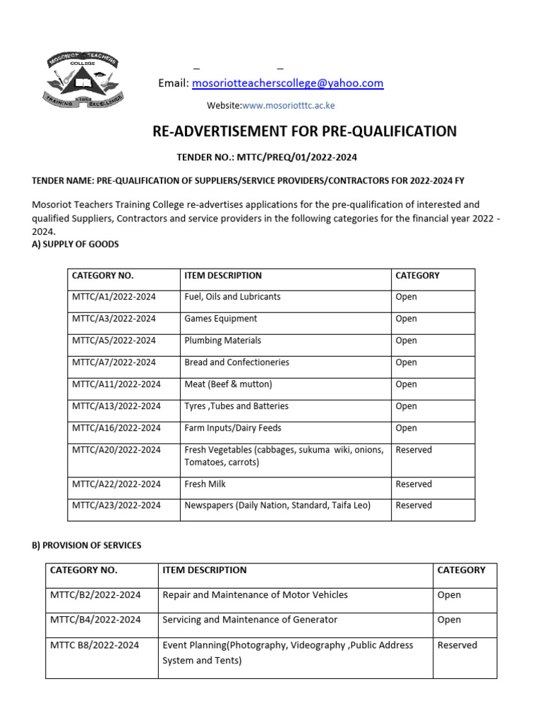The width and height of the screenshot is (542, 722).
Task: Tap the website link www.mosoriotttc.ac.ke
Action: click(288, 106)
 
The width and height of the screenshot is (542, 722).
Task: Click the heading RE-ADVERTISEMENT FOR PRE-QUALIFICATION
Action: click(305, 131)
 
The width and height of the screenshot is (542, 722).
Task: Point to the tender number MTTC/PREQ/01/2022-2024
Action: click(271, 157)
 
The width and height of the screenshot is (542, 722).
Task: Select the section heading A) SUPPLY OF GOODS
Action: click(76, 244)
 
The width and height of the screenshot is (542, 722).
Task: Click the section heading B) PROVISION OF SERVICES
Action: click(87, 545)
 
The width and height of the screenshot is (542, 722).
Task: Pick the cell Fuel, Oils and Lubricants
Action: click(232, 297)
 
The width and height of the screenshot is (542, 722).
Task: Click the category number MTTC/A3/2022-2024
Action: click(114, 319)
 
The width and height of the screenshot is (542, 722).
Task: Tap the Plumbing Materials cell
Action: click(222, 341)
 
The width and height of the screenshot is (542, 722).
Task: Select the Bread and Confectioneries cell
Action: click(236, 362)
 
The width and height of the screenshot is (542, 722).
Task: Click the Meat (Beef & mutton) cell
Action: click(228, 384)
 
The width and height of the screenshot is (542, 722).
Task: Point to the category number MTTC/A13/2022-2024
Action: click(116, 406)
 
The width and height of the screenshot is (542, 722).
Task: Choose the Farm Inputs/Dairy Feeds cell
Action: click(232, 428)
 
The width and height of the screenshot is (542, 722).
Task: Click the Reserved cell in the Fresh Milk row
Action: click(414, 484)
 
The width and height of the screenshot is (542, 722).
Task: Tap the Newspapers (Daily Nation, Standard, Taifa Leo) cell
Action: click(277, 505)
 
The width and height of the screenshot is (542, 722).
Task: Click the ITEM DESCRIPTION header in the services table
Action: click(205, 570)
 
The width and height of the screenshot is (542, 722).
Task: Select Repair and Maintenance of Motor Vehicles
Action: click(255, 595)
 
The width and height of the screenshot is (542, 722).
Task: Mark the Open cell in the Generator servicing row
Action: click(449, 620)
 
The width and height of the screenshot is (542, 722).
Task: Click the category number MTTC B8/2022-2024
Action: click(95, 645)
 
